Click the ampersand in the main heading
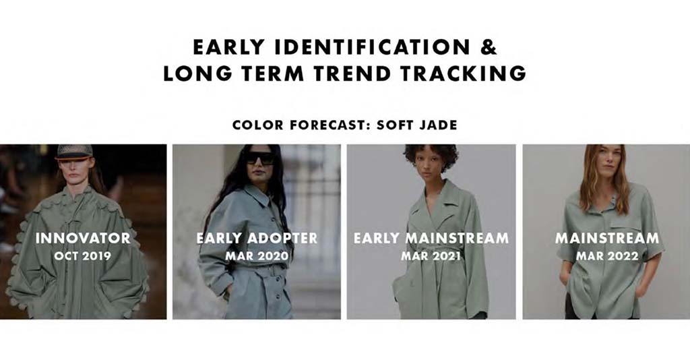pos(488,47)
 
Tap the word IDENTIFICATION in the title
pos(372,47)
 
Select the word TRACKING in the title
pos(463,73)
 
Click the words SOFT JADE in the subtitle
pos(416,125)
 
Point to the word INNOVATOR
pos(83,238)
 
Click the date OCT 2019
pos(83,256)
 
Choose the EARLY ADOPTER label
pos(257,238)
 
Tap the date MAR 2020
pos(257,256)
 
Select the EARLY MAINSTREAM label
pos(431,238)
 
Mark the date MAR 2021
pos(431,256)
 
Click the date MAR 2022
pos(607,256)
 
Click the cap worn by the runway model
pos(74,152)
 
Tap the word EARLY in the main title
pos(229,47)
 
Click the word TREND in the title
pos(352,73)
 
